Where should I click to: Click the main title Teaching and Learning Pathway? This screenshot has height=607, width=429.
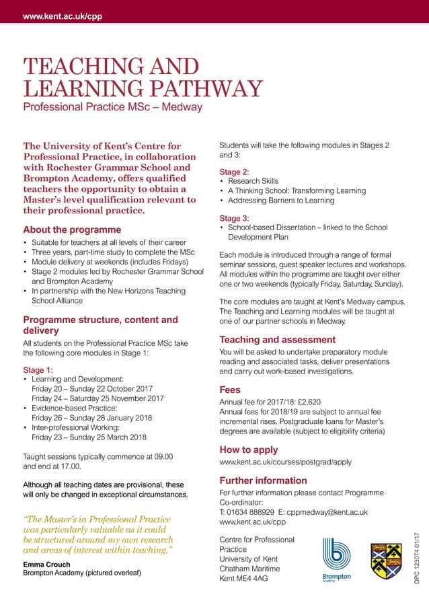(x=142, y=78)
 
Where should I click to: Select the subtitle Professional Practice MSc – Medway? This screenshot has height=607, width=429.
(x=112, y=108)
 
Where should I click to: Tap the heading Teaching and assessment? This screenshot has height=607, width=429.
(x=278, y=340)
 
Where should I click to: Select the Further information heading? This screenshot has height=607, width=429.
(x=264, y=480)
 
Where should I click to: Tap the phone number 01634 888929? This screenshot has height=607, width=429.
(x=251, y=512)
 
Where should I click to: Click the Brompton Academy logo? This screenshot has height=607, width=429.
(x=336, y=559)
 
